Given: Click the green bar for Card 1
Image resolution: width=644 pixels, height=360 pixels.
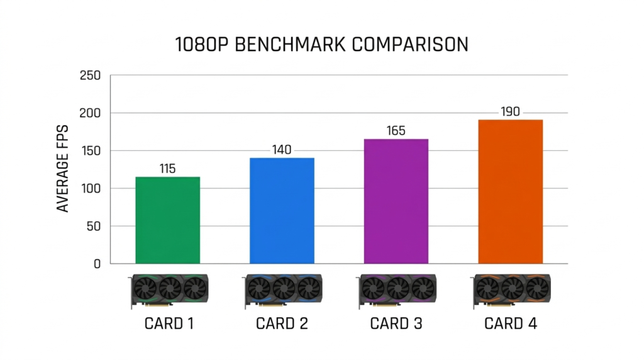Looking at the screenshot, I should [168, 220].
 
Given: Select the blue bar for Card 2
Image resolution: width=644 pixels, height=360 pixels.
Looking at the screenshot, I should [282, 211].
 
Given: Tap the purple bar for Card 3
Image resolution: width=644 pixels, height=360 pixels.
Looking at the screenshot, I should [396, 201].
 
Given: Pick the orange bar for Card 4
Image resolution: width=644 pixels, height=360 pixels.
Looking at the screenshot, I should [510, 192].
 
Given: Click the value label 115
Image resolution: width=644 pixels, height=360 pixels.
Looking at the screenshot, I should [167, 169].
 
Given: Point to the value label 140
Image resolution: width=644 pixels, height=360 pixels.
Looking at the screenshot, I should [282, 150].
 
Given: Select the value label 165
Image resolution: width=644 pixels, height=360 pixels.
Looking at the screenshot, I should [396, 131].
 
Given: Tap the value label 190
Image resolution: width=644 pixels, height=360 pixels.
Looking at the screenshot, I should [510, 111].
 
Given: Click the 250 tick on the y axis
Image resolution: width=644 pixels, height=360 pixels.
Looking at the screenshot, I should [91, 76].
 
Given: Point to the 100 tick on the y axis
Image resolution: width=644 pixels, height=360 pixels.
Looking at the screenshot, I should [91, 189].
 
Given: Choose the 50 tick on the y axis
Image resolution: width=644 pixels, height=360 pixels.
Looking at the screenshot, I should [93, 227].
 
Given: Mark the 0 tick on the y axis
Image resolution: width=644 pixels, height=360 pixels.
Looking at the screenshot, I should [97, 264].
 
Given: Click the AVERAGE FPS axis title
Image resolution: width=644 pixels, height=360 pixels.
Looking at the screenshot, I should [64, 170].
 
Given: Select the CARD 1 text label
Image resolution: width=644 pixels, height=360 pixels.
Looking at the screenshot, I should [168, 324].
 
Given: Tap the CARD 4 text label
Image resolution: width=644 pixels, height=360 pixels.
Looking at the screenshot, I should [510, 324].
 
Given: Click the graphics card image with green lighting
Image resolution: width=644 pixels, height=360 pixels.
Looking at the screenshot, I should [169, 290].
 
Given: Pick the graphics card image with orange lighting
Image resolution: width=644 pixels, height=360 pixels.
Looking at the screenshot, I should [511, 290].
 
